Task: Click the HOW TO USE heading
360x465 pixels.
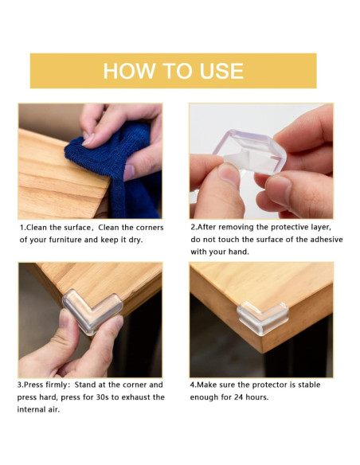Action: point(173,71)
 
